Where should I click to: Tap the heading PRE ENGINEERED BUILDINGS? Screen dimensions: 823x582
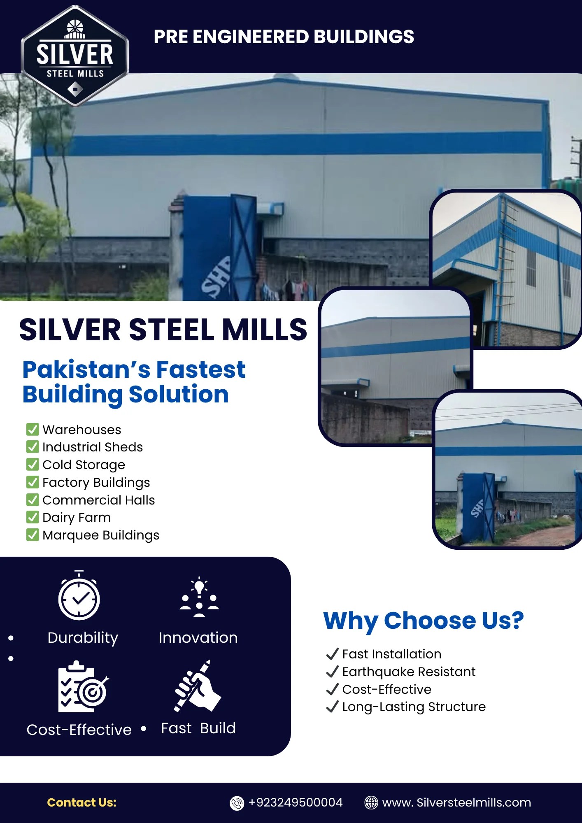(284, 37)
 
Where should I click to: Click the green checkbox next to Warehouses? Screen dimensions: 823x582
(33, 429)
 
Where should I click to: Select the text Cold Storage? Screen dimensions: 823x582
(84, 465)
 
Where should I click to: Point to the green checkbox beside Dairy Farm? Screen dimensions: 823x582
(33, 517)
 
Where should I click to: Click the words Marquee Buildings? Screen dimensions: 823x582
(100, 535)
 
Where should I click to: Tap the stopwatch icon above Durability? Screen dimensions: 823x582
(79, 596)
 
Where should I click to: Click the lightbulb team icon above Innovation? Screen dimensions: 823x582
(199, 597)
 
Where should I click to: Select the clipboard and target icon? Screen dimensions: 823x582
(82, 688)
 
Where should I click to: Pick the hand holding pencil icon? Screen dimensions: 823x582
(197, 686)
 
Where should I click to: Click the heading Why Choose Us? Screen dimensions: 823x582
(423, 621)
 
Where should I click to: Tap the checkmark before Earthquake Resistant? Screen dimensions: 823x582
(332, 672)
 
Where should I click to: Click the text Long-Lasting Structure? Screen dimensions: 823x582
(414, 707)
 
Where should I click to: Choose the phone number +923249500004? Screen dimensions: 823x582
(295, 802)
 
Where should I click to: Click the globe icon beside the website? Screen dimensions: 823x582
(371, 802)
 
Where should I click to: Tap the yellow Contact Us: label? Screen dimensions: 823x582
(82, 802)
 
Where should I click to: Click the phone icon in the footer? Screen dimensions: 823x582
(237, 803)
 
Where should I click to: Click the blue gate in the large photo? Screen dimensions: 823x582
(218, 247)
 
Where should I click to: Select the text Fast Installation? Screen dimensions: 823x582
(391, 654)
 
